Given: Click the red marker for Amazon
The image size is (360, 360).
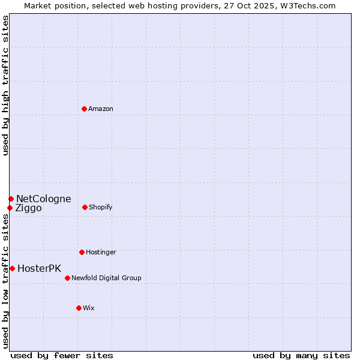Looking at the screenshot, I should click(85, 109).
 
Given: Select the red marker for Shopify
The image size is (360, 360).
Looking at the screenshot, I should click(85, 207).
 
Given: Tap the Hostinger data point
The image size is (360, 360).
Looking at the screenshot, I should click(82, 252).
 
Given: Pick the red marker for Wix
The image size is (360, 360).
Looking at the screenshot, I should click(79, 308).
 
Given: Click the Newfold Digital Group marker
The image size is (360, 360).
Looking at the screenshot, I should click(67, 278).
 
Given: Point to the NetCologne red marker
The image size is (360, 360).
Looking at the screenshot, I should click(11, 199).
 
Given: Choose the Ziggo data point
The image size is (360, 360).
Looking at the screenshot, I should click(10, 208).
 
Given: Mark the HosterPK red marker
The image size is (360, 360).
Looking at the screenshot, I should click(12, 268).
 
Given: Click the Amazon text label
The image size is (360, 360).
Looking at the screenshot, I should click(101, 109).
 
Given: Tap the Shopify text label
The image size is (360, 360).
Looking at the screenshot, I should click(101, 207).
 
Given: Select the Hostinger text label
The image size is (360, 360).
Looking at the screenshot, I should click(101, 252).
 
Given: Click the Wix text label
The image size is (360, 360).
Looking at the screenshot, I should click(89, 308).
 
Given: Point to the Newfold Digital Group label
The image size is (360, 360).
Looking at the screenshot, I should click(106, 278).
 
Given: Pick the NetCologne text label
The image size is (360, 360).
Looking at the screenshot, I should click(43, 199).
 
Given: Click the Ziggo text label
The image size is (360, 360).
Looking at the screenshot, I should click(28, 208).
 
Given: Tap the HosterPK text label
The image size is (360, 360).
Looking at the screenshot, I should click(39, 268).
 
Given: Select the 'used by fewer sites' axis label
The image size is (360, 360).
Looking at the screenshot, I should click(62, 355).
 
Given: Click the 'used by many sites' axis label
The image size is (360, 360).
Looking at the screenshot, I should click(301, 355).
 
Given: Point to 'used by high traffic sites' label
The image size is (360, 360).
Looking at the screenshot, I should click(5, 85).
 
